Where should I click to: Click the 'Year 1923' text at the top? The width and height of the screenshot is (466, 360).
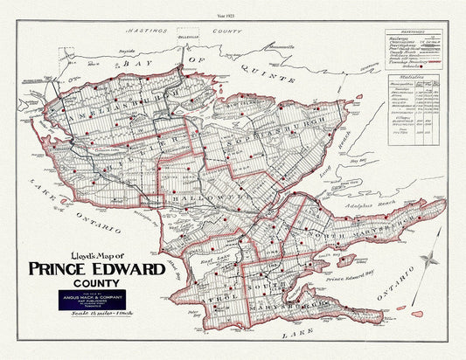pyautogui.click(x=232, y=17)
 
